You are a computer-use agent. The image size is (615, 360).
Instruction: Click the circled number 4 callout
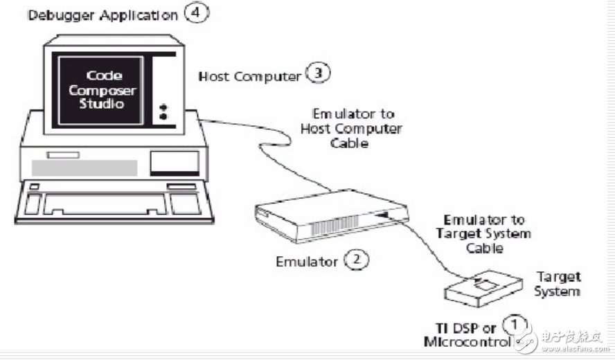[196, 13]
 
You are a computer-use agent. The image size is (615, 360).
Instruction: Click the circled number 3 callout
[319, 74]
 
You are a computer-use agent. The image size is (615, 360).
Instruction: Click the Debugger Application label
[102, 15]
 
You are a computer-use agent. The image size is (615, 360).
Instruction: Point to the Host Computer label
[250, 75]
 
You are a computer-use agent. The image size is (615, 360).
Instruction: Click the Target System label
[558, 284]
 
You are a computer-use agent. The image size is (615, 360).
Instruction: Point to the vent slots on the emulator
[336, 226]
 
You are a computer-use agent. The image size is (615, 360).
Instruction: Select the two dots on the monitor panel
[163, 111]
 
